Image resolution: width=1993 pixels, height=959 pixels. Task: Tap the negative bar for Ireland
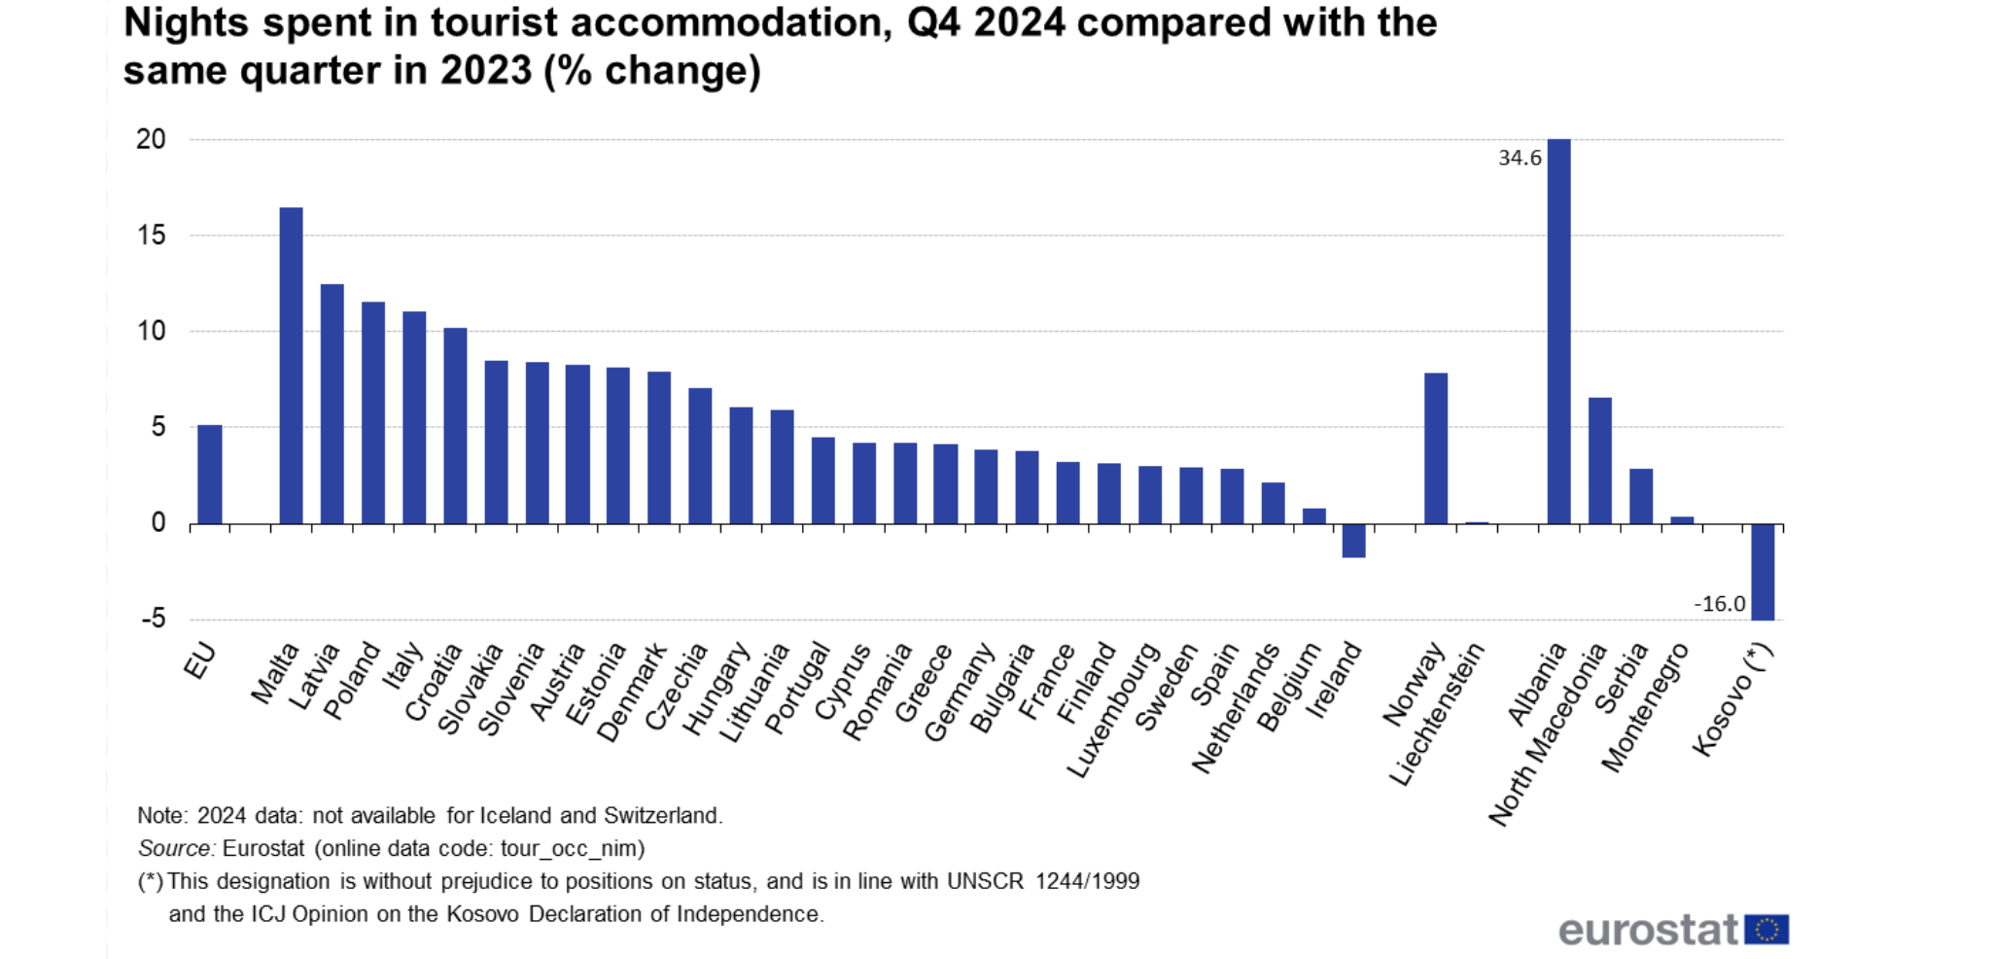click(x=1353, y=541)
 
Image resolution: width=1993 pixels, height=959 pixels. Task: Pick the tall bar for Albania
click(x=1558, y=331)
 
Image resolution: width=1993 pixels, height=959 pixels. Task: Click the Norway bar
click(x=1436, y=448)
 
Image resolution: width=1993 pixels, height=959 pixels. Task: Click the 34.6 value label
click(x=1520, y=158)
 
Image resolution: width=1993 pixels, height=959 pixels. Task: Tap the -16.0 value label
click(x=1719, y=604)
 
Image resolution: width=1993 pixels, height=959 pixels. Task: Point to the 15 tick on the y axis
click(x=151, y=235)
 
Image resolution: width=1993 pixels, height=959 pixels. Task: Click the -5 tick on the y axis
click(x=153, y=619)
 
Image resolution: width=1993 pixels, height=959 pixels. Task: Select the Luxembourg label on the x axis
click(x=1114, y=710)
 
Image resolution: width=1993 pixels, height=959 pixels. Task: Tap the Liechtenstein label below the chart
click(x=1437, y=715)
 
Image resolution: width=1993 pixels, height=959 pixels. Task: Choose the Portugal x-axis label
click(x=797, y=689)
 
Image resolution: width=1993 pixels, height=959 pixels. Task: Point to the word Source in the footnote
click(x=175, y=848)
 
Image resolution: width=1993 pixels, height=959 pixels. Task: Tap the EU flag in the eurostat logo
click(x=1766, y=930)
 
